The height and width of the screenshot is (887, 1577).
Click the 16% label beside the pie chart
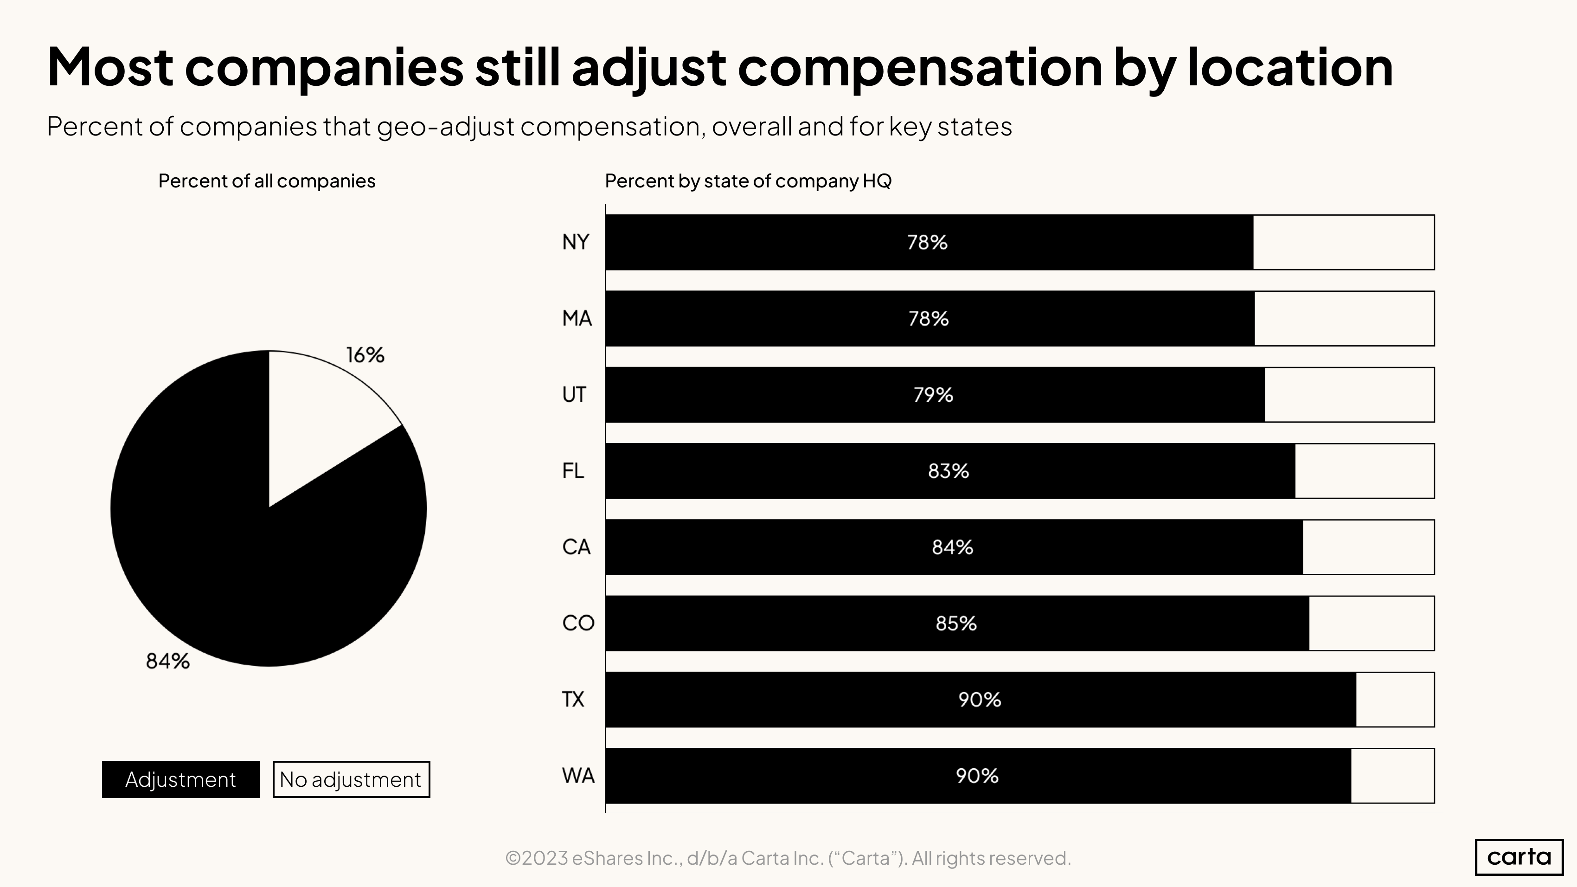click(x=365, y=355)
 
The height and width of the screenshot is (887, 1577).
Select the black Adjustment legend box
click(x=180, y=779)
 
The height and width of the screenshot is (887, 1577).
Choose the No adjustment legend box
click(x=351, y=779)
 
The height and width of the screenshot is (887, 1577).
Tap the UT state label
click(x=574, y=395)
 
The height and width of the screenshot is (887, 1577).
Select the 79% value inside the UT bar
click(x=933, y=395)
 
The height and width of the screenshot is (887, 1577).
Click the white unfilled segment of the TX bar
click(x=1395, y=700)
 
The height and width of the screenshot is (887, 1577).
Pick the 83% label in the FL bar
click(x=948, y=471)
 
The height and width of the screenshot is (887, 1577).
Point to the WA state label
click(x=578, y=776)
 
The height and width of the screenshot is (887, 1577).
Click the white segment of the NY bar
click(x=1343, y=243)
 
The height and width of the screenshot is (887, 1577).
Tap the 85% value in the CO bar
click(x=955, y=623)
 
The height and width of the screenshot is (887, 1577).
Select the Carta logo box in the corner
click(x=1519, y=856)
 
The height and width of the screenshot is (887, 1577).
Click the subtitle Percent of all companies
click(x=266, y=181)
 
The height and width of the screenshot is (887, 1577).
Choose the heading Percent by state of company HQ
click(x=748, y=181)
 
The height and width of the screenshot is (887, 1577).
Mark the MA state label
click(x=577, y=318)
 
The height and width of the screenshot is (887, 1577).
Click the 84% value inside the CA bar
click(x=952, y=547)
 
